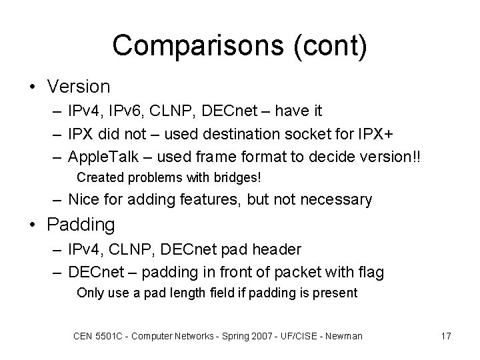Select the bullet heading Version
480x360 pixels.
78,87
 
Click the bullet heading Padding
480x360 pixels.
81,225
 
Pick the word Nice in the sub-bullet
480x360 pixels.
83,199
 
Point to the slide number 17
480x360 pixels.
445,336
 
